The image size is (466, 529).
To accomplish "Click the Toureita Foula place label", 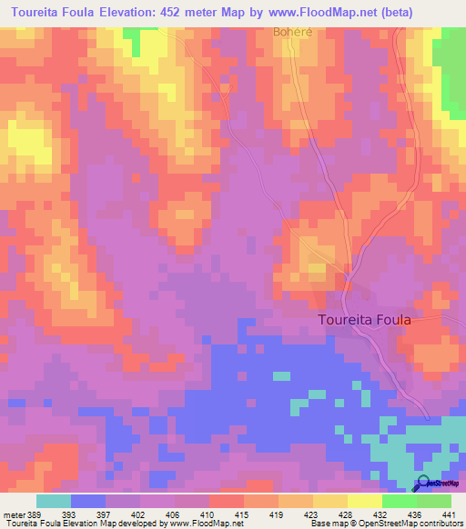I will coord(365,321).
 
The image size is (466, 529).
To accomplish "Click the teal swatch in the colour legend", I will coord(54,500).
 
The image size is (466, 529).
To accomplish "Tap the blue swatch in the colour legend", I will coord(88,500).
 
